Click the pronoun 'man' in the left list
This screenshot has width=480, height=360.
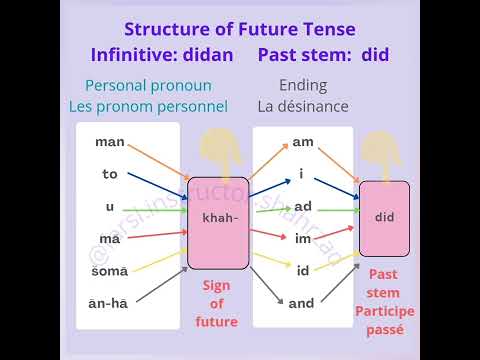110,142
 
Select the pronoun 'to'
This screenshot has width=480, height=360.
110,174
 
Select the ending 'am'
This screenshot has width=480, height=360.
303,142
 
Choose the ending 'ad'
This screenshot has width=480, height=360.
303,206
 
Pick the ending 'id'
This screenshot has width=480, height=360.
303,269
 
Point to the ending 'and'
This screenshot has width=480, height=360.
302,302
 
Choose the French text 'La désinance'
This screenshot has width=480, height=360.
304,106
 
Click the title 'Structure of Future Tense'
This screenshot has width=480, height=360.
239,30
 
